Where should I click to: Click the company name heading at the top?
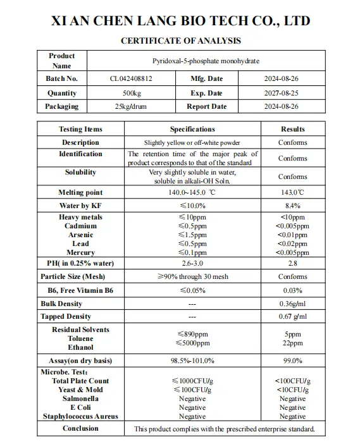pos(180,20)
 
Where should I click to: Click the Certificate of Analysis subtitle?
pos(180,41)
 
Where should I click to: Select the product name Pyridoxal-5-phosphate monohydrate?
pos(206,61)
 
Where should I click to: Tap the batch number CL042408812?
pos(131,79)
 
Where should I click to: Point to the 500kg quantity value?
pos(131,93)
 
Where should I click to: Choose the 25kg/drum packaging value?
pos(131,106)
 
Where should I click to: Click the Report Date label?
pos(206,106)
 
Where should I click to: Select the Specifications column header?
pos(192,129)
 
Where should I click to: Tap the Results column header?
pos(292,129)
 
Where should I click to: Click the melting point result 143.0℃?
pos(292,192)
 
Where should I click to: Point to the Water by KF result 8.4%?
pos(292,206)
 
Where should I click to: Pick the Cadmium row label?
pos(80,226)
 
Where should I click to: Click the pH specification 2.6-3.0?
pos(192,263)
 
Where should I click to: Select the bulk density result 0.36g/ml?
pos(292,304)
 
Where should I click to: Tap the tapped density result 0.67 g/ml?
pos(292,316)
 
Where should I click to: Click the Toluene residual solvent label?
pos(80,338)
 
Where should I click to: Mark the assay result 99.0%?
pos(292,361)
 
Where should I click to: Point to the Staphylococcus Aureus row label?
pos(80,416)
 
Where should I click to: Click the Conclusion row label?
pos(80,428)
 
